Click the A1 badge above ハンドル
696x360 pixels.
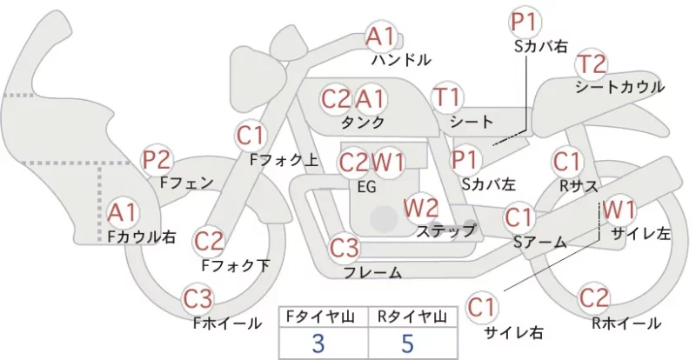[x=381, y=37]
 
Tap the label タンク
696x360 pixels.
[x=362, y=122]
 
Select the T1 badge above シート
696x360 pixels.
[x=447, y=97]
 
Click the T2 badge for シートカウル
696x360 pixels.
[x=592, y=64]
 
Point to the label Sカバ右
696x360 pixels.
[x=540, y=46]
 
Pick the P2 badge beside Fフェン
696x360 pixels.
[x=157, y=160]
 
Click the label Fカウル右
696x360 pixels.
[x=142, y=237]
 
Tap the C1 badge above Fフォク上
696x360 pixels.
[x=251, y=136]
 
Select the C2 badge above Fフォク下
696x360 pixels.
[x=209, y=242]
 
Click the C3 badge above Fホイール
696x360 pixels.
[x=198, y=300]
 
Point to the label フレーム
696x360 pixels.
[x=373, y=272]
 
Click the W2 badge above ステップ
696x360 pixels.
[x=421, y=207]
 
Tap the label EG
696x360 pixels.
[x=366, y=187]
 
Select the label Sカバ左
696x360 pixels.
[x=488, y=183]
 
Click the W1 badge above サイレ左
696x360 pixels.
[x=619, y=210]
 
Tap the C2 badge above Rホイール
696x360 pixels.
[x=594, y=297]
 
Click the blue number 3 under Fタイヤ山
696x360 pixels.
[x=318, y=343]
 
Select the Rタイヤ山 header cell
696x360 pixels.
[x=412, y=317]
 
